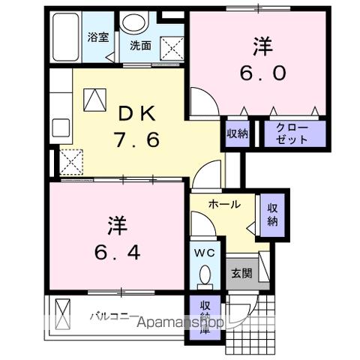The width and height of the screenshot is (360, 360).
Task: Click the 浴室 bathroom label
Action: click(x=97, y=37)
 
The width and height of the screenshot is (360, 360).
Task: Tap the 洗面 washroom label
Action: click(x=140, y=46)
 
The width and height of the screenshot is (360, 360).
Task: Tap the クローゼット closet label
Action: click(x=283, y=133)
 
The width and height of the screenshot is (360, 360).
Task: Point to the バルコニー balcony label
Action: click(x=115, y=315)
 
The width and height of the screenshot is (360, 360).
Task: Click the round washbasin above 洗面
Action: click(x=136, y=22)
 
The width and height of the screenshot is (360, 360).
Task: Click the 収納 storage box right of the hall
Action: click(x=271, y=214)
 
